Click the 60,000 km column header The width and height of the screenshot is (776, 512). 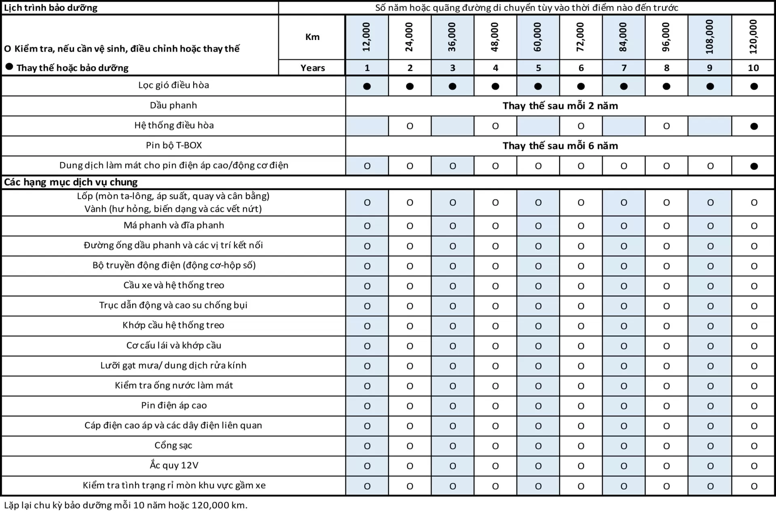click(538, 37)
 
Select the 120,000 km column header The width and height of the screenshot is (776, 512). click(753, 37)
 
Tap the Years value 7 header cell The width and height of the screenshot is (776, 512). click(624, 68)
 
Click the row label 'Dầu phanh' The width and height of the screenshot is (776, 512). click(173, 105)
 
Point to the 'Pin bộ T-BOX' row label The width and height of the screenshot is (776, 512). click(174, 145)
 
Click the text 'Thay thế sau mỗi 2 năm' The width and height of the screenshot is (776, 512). click(560, 106)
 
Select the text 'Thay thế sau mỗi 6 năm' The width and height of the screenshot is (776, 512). click(560, 146)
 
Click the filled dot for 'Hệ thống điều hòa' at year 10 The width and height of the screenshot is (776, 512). click(754, 126)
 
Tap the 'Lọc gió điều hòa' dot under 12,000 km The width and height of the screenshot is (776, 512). click(367, 86)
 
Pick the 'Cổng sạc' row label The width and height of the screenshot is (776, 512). click(173, 445)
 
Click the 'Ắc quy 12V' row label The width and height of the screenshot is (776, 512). click(174, 465)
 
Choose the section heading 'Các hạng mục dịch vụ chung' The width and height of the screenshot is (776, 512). click(71, 182)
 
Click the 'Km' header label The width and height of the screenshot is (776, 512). click(312, 37)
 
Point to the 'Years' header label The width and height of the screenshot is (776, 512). click(312, 68)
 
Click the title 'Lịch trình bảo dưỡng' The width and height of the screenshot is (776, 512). click(51, 8)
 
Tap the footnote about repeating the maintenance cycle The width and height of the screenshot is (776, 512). click(126, 505)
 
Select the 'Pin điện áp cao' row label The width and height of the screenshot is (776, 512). click(174, 405)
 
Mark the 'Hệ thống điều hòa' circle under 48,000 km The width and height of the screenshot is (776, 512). click(495, 126)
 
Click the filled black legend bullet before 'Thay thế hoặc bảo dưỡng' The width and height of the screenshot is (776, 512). click(9, 67)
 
